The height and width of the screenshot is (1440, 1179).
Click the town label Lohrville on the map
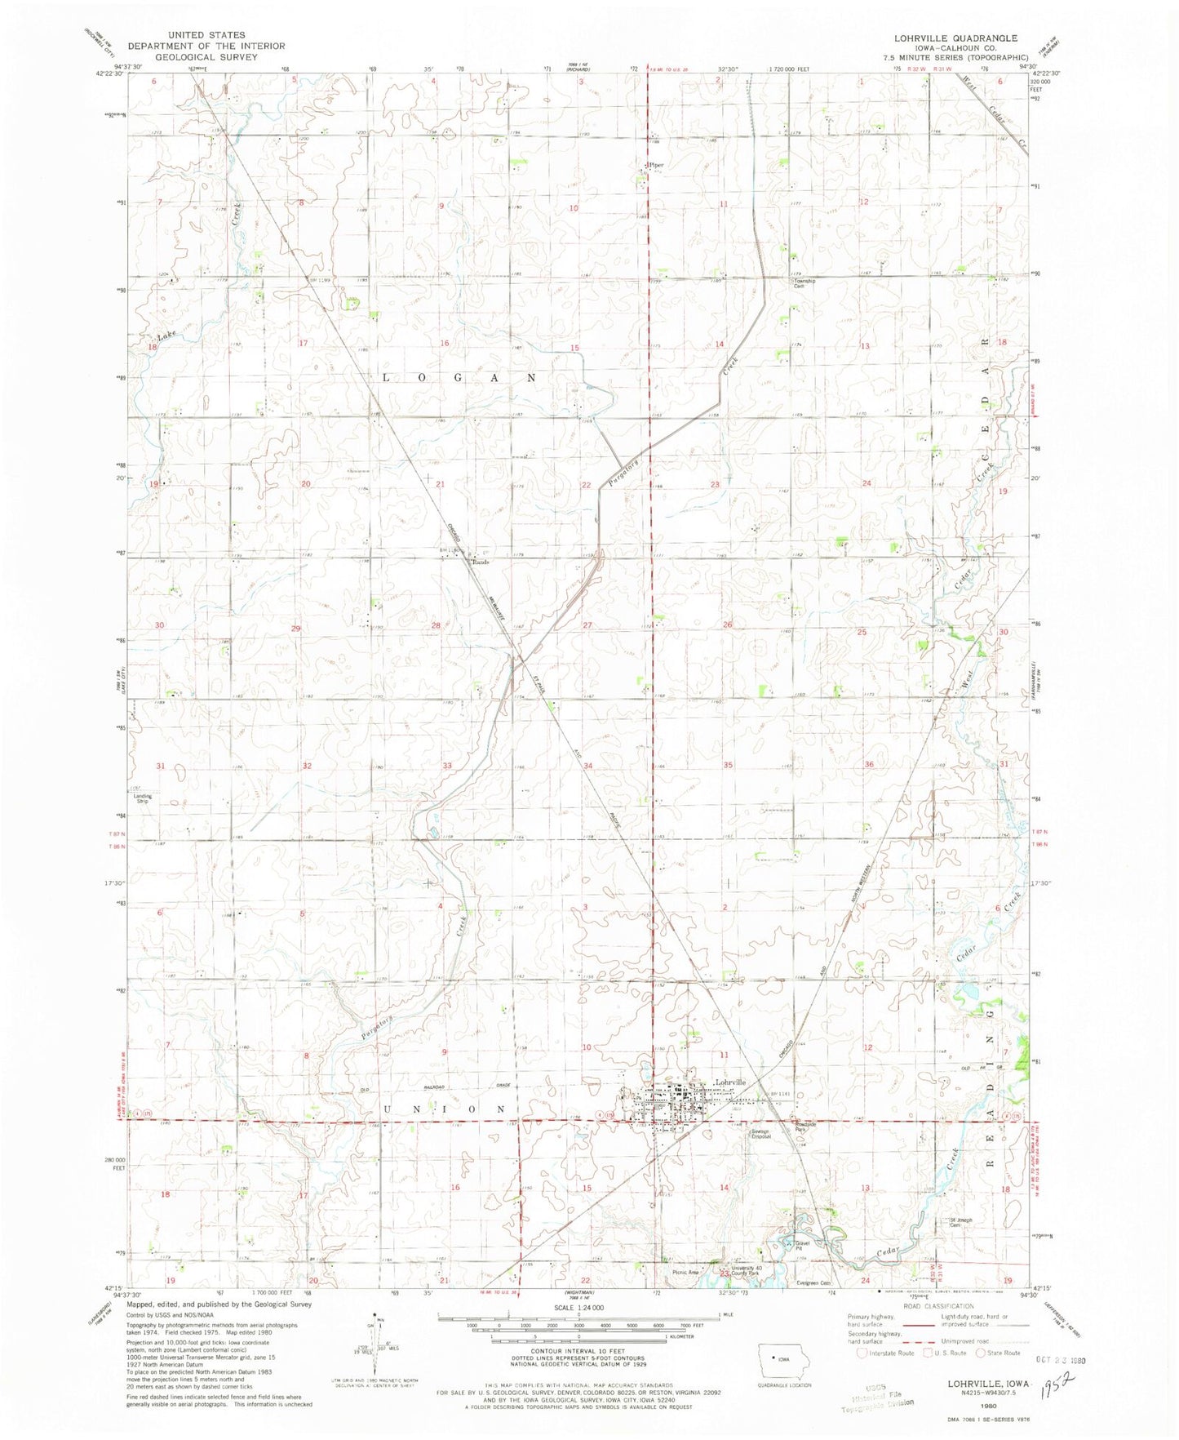(x=729, y=1082)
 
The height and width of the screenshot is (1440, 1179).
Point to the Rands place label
(x=481, y=562)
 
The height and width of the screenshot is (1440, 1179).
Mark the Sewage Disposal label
(x=760, y=1133)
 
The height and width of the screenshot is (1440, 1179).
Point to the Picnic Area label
(x=685, y=1273)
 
